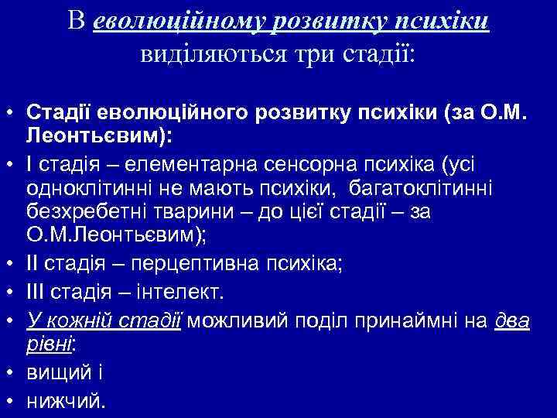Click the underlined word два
[x=513, y=319]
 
